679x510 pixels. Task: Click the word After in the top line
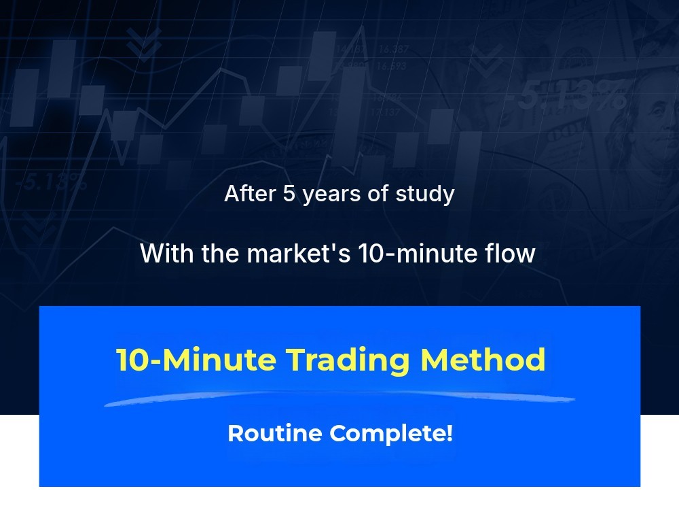250,193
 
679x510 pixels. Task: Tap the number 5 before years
289,193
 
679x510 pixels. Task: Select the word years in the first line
331,196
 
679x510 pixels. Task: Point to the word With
167,253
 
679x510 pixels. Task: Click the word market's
299,253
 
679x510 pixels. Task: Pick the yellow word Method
483,360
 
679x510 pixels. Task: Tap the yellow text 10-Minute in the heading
196,360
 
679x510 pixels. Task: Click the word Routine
274,433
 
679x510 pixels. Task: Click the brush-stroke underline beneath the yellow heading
339,398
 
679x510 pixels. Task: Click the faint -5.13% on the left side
51,182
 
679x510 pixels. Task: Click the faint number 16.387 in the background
394,49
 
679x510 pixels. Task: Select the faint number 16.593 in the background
391,67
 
